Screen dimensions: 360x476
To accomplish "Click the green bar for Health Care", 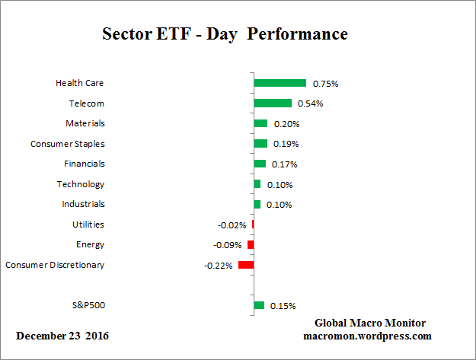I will tap(280, 83).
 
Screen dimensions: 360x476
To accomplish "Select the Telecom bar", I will tap(273, 103).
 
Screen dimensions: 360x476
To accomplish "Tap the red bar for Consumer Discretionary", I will tap(245, 265).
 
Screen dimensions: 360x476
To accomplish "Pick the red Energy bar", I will tap(250, 244).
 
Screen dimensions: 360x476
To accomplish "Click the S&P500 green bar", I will tap(259, 305).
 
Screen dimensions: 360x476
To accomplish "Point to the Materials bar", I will tap(260, 123).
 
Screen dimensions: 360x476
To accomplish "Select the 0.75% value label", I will tap(325, 83).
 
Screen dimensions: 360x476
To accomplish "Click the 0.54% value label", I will tap(311, 104).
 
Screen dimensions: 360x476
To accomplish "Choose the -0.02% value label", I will tap(232, 225).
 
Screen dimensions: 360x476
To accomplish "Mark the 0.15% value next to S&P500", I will tap(283, 306).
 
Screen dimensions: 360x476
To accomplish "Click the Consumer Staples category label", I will tap(67, 143).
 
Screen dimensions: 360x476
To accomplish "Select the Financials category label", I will tap(84, 164).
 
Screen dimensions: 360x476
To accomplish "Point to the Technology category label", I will tap(81, 184).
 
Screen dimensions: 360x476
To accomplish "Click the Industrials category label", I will tap(83, 204).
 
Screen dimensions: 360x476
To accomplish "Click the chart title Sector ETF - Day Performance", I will tap(225, 34).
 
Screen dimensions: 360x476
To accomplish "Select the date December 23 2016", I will tap(62, 336).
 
